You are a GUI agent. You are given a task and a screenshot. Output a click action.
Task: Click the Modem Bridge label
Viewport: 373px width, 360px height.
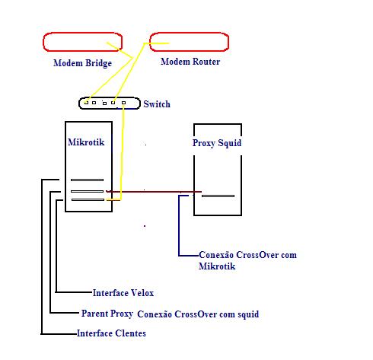(82, 63)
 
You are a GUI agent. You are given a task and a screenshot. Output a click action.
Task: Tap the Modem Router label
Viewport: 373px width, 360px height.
(190, 62)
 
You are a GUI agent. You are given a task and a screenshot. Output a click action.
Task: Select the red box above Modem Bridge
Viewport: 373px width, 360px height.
(83, 33)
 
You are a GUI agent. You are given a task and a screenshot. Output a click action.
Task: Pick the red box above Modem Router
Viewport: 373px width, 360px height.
(190, 33)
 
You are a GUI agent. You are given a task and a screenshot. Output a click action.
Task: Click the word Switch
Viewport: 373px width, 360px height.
(157, 104)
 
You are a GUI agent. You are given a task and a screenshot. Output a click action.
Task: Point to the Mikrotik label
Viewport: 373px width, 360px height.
(86, 142)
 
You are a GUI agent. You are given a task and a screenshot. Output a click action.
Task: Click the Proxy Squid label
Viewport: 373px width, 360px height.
(217, 143)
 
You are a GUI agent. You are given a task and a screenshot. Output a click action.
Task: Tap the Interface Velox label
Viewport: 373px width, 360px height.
(123, 293)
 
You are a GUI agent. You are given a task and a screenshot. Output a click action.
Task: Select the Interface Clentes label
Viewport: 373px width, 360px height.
(111, 333)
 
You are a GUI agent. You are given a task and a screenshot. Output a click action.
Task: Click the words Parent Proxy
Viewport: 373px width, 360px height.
(107, 314)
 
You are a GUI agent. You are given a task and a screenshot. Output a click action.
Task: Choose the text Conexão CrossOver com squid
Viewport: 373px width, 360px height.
(198, 314)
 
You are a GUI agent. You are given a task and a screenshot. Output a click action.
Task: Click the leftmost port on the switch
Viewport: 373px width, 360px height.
(86, 103)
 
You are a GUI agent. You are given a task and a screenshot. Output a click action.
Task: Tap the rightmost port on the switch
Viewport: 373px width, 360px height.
(123, 103)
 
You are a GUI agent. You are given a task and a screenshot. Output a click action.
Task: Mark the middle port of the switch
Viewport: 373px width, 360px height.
(104, 104)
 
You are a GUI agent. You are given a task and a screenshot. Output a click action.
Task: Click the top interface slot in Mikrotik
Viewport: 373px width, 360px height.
(87, 180)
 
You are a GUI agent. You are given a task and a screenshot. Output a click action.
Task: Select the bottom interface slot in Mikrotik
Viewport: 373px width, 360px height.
(88, 200)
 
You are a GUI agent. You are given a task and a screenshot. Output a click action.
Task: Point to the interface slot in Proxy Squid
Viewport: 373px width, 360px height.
(218, 196)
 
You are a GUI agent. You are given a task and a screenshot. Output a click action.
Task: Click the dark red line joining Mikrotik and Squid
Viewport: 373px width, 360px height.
(154, 192)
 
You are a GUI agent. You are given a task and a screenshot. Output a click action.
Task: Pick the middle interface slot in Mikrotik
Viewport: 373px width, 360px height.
(87, 191)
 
